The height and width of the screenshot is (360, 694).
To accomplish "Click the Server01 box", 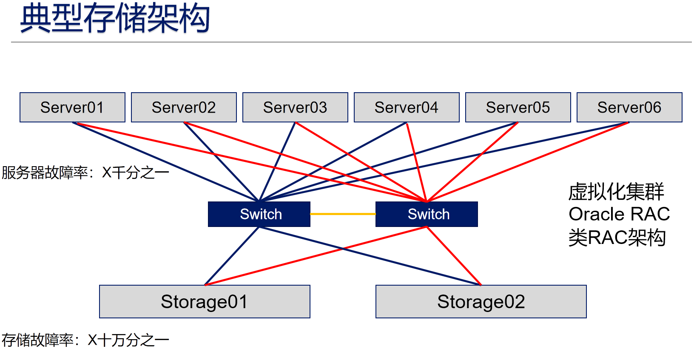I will [x=72, y=108].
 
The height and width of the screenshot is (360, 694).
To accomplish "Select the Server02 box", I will [x=184, y=108].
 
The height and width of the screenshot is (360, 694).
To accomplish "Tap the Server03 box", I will [x=295, y=108].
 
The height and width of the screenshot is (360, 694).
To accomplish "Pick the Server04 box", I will [x=407, y=108].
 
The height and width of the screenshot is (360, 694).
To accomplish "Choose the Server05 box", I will [x=518, y=108].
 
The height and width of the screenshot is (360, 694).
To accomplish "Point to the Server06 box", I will [x=629, y=108].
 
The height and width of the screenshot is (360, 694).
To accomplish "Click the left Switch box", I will [x=259, y=214].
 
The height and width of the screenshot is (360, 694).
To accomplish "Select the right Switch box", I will [x=427, y=214].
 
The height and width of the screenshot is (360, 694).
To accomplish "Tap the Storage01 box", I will [x=205, y=302].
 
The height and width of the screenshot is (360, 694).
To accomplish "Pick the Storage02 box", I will [x=481, y=302].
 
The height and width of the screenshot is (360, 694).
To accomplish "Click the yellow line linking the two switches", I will [x=343, y=214].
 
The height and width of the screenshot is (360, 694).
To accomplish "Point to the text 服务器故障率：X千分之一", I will [x=85, y=173].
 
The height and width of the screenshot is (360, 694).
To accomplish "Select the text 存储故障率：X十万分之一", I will [x=85, y=340].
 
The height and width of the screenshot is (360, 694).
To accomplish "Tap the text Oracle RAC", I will [x=619, y=214].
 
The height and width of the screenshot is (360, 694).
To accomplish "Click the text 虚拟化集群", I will [x=616, y=192].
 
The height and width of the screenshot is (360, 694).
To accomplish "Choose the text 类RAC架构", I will [x=617, y=238].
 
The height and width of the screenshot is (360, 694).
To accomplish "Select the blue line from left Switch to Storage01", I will [x=232, y=256].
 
